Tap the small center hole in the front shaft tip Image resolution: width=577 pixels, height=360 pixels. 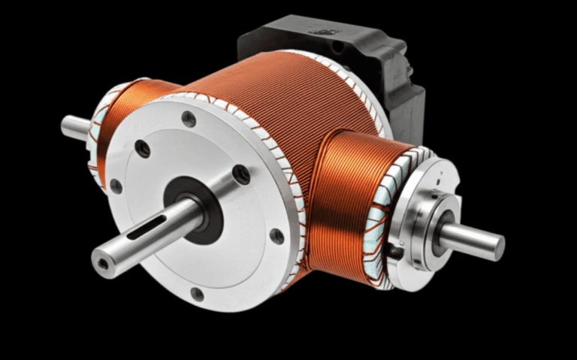tap(101, 264)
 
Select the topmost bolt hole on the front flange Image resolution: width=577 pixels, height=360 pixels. tap(189, 118)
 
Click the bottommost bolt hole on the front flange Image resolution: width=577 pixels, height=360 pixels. tap(197, 293)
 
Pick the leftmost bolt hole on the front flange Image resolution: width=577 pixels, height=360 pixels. tap(116, 185)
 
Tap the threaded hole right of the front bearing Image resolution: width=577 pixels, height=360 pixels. tap(241, 174)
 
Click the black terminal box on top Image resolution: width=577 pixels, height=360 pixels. tap(338, 53)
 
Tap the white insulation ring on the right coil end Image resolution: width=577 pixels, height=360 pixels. tap(379, 225)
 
